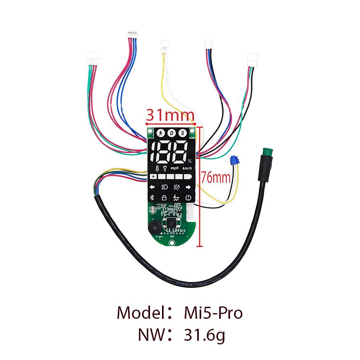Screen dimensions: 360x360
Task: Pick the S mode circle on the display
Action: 182,133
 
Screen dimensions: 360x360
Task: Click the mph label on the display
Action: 174,168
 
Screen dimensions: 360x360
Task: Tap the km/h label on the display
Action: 186,168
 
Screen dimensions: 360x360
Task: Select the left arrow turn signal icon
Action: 152,187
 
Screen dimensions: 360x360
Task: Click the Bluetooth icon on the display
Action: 152,197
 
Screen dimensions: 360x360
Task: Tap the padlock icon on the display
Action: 164,197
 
